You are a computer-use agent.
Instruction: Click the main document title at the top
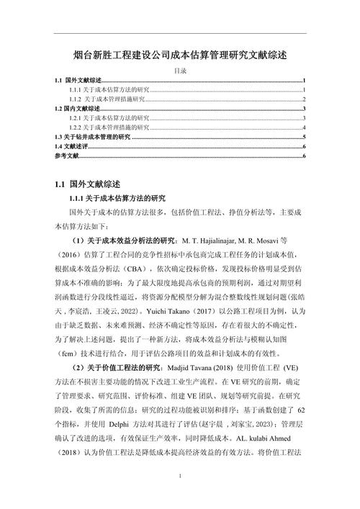(x=180, y=55)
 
